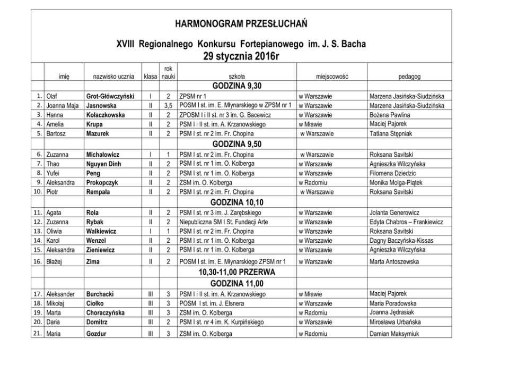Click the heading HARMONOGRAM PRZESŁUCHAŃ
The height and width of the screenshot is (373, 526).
pyautogui.click(x=241, y=24)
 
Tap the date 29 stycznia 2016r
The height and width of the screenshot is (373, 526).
pyautogui.click(x=241, y=56)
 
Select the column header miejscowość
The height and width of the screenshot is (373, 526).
pyautogui.click(x=331, y=77)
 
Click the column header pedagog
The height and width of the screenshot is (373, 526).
pyautogui.click(x=409, y=77)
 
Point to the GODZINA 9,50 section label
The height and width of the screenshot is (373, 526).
pyautogui.click(x=236, y=143)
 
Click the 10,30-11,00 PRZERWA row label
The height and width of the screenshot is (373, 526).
pyautogui.click(x=236, y=272)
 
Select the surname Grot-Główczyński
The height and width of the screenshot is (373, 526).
pyautogui.click(x=110, y=97)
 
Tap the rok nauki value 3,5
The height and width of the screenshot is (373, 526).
pyautogui.click(x=168, y=106)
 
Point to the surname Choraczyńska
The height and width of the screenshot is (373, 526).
pyautogui.click(x=106, y=312)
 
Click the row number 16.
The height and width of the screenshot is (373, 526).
pyautogui.click(x=38, y=262)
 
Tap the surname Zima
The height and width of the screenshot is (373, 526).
pyautogui.click(x=93, y=262)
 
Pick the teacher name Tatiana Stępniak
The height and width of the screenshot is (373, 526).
pyautogui.click(x=391, y=134)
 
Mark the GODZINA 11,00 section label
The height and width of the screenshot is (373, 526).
pyautogui.click(x=236, y=283)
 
